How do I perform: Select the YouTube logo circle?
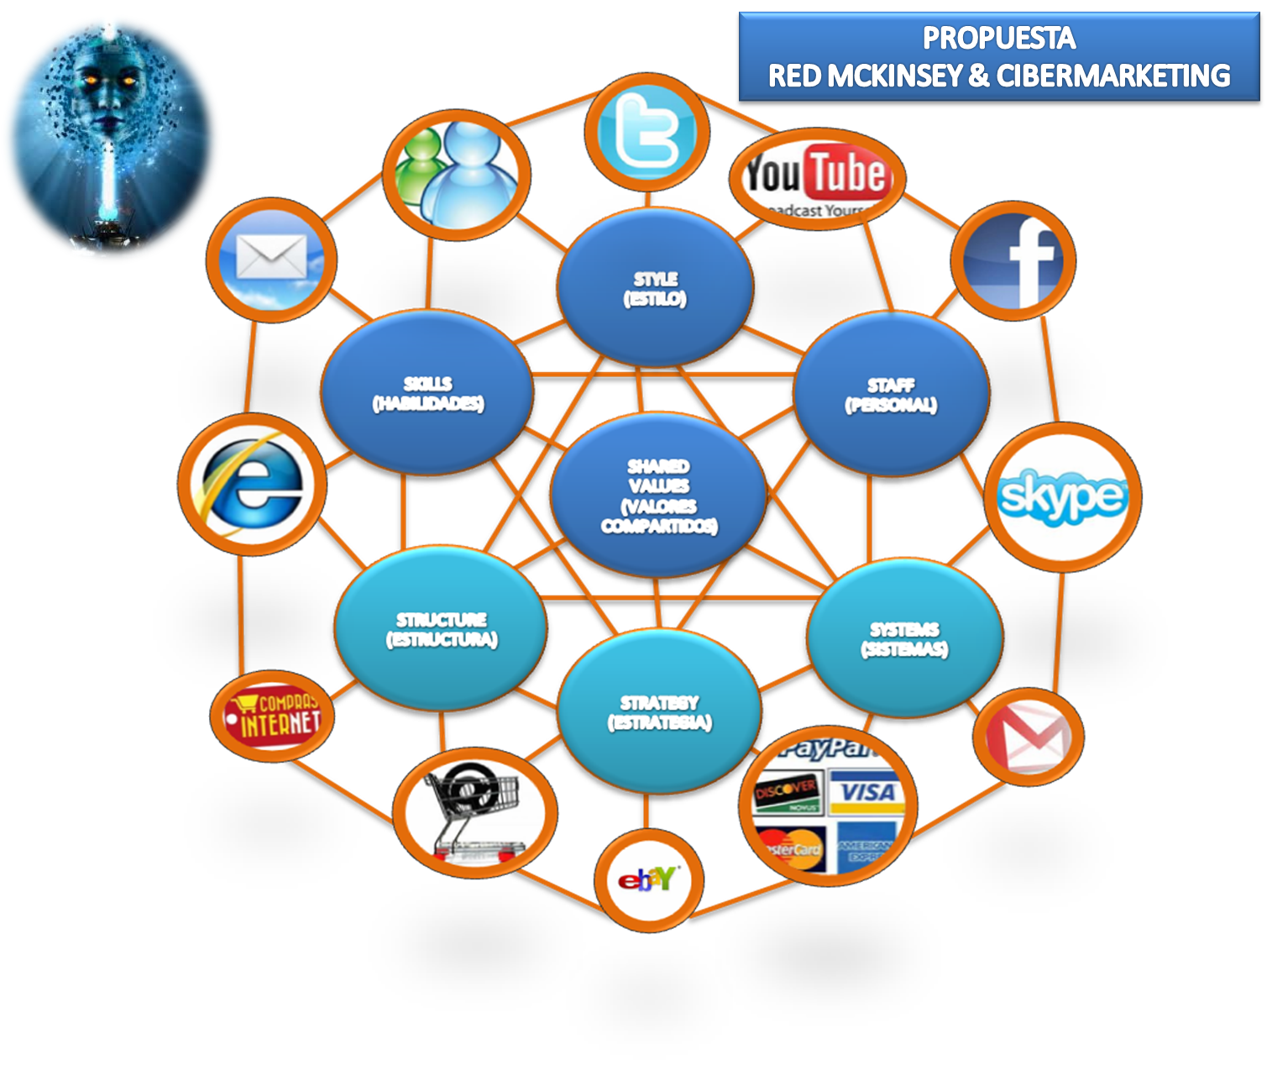click(817, 179)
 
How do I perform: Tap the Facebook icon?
click(1013, 261)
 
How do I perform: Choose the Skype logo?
click(1063, 496)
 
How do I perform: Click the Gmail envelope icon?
click(1028, 737)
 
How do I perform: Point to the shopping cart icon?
click(474, 812)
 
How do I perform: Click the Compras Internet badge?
click(272, 716)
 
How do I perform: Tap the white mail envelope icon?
click(271, 260)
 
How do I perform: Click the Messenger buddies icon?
click(457, 175)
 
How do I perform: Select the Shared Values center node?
click(658, 496)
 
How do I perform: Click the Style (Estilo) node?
click(655, 288)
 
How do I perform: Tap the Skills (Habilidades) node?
click(427, 393)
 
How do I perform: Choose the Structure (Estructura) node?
click(442, 629)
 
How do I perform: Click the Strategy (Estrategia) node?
click(660, 712)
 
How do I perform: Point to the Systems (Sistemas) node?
click(904, 638)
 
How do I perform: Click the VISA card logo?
click(867, 792)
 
